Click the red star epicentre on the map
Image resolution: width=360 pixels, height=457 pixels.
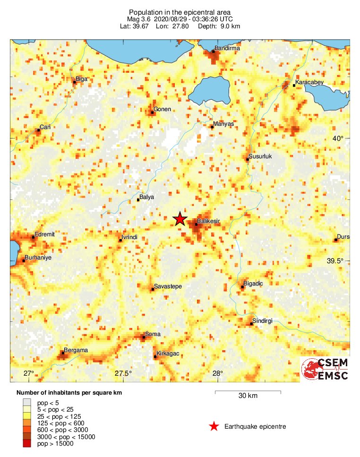[180, 219]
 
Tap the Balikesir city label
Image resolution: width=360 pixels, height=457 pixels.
[209, 221]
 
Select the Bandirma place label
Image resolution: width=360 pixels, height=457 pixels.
[227, 48]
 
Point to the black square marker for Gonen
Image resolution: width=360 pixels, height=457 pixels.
[153, 112]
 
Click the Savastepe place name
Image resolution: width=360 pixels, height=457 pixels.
[168, 286]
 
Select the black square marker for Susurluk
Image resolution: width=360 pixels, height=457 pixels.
[247, 160]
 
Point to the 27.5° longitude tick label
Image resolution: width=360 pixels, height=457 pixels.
[124, 373]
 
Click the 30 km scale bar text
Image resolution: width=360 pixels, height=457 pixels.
[248, 396]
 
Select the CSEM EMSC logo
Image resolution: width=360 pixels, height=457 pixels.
[326, 369]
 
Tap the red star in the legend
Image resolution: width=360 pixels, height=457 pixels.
[214, 427]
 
